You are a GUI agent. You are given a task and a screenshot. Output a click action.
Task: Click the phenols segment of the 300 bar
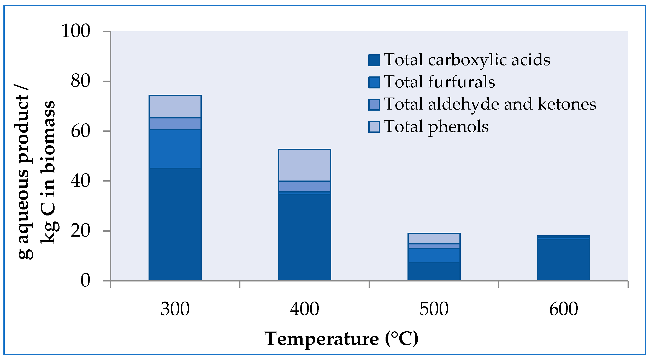175,106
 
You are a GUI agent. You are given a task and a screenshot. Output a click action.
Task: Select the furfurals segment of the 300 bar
175,149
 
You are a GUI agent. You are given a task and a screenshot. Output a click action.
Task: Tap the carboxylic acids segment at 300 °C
175,224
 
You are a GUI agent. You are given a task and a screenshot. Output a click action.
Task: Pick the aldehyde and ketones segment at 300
175,124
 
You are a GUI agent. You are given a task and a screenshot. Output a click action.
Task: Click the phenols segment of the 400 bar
304,165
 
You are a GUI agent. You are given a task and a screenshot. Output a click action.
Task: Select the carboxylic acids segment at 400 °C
304,237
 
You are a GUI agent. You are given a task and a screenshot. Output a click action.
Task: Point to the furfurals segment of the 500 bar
434,255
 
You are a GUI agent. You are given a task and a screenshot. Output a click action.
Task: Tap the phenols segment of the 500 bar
434,238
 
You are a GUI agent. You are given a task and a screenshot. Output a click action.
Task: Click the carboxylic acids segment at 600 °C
563,260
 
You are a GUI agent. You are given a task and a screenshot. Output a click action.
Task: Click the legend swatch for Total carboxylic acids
374,60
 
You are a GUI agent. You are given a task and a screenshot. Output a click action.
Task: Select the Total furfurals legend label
439,82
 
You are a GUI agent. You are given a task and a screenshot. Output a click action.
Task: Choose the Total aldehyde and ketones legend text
490,104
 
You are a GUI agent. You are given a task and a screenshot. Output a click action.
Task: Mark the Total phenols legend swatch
374,127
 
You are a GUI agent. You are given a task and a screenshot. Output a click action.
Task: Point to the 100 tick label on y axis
76,31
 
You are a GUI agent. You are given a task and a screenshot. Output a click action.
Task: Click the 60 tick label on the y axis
80,131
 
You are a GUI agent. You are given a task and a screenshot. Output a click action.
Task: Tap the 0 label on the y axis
85,281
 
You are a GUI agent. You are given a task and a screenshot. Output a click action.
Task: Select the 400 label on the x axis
304,309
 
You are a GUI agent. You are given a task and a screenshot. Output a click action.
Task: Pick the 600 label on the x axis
563,309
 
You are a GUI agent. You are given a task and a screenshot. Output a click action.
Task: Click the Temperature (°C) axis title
341,339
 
